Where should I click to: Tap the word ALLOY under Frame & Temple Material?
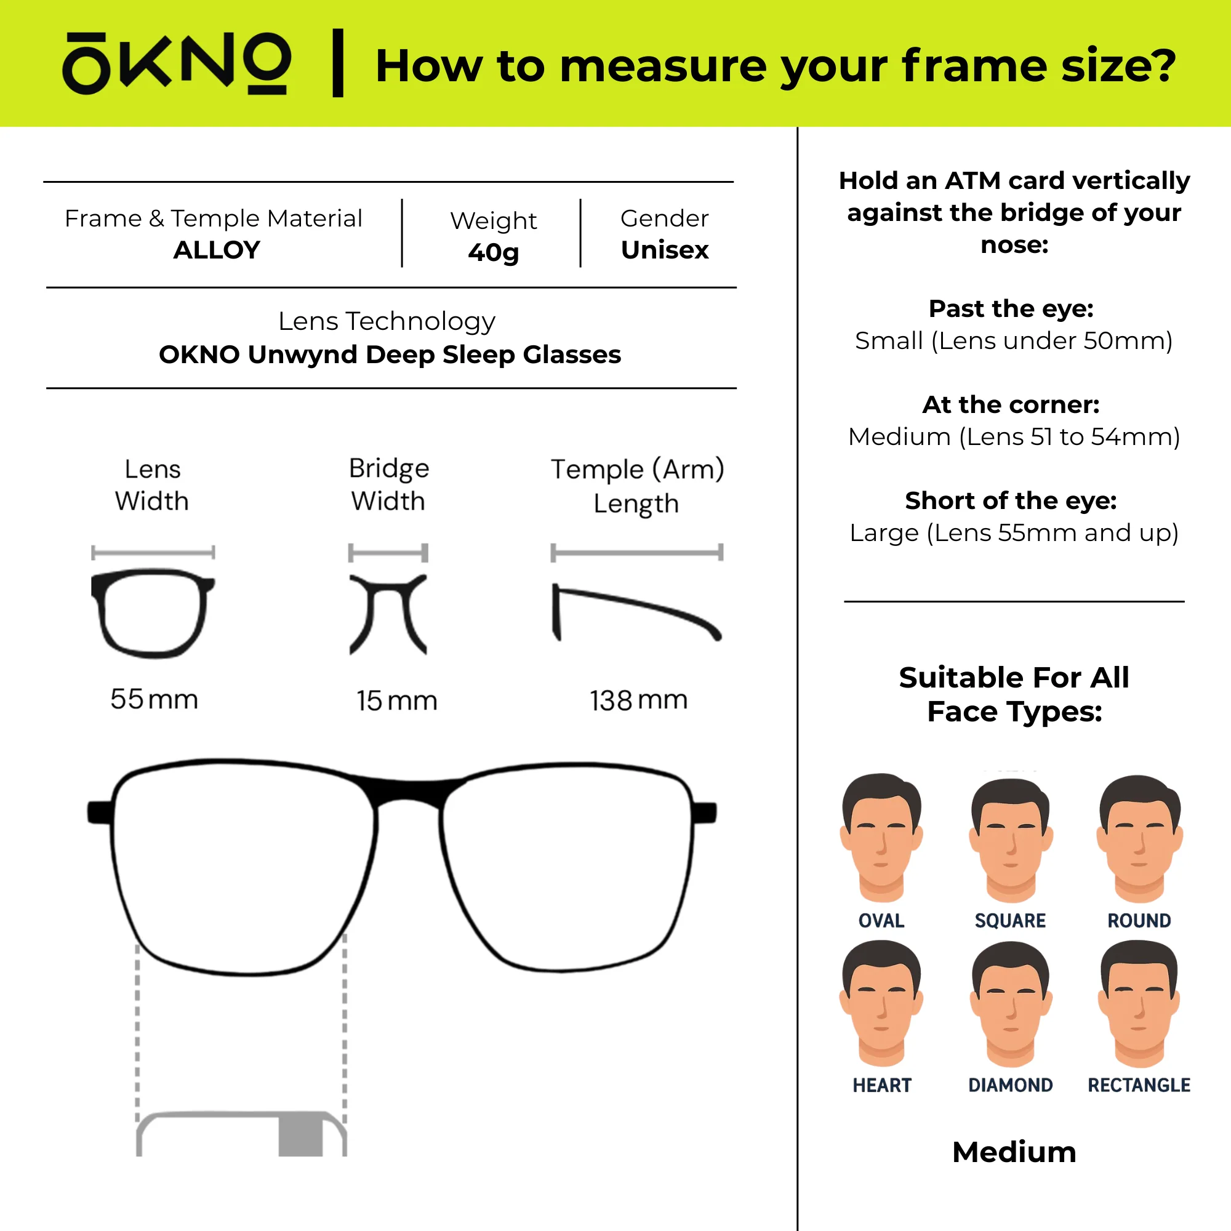pos(217,250)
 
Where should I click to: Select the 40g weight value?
pos(493,252)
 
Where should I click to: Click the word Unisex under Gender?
pos(665,250)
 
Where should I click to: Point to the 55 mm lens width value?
pos(154,699)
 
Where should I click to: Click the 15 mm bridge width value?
pos(397,700)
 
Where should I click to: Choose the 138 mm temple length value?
pos(638,700)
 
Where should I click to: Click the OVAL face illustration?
pos(881,838)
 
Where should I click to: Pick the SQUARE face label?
pos(1011,921)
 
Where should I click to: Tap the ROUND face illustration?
pos(1139,838)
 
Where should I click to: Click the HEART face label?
pos(882,1085)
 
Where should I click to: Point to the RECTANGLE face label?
pos(1139,1085)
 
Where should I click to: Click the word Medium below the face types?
pos(1014,1152)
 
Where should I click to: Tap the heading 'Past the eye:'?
pos(1011,308)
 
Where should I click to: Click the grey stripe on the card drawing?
pos(301,1135)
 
